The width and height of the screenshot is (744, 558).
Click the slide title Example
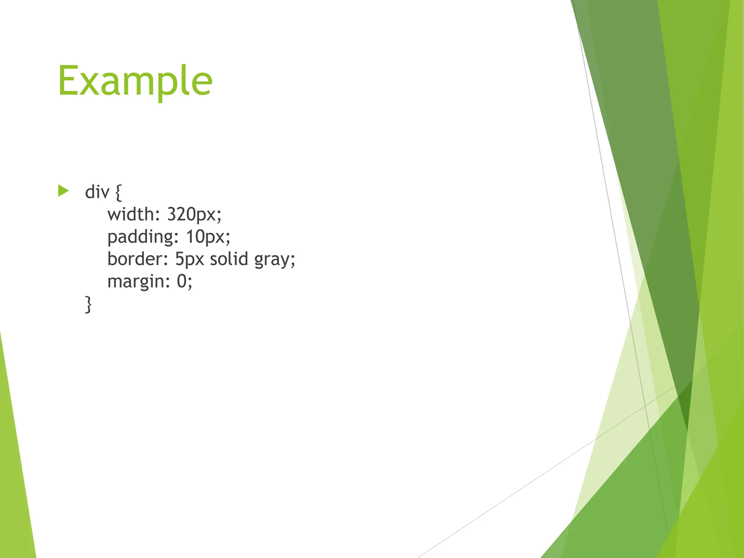[x=135, y=81]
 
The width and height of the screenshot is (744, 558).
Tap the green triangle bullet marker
[x=63, y=191]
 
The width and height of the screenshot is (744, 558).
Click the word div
[x=97, y=192]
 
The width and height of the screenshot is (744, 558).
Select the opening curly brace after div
[x=118, y=193]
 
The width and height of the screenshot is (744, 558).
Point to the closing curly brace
[x=88, y=304]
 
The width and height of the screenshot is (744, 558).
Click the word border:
[x=138, y=259]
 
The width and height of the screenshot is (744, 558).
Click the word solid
[x=229, y=259]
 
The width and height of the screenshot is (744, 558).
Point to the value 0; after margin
[x=185, y=282]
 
